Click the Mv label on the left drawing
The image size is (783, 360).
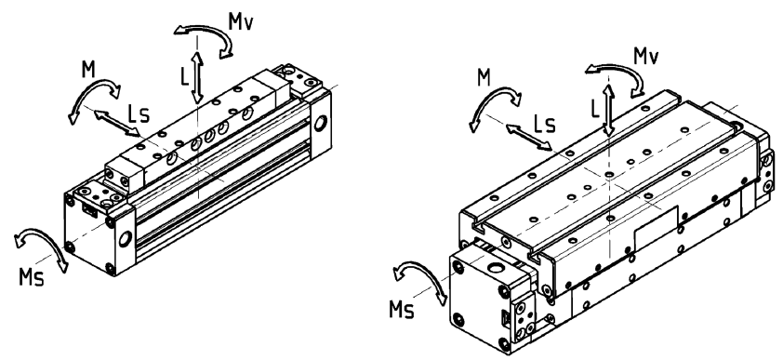[x=240, y=21]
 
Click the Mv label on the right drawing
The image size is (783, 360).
[x=645, y=56]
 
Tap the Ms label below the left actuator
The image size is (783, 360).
[x=32, y=277]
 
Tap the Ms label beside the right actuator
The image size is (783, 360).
[x=402, y=310]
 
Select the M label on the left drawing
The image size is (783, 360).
[x=88, y=70]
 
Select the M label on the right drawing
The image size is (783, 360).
[x=484, y=78]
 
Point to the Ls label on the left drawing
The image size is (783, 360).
[x=139, y=113]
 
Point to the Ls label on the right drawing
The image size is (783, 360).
[x=544, y=125]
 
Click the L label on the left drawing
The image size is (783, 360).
[x=185, y=76]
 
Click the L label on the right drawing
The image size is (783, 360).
[x=595, y=110]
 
